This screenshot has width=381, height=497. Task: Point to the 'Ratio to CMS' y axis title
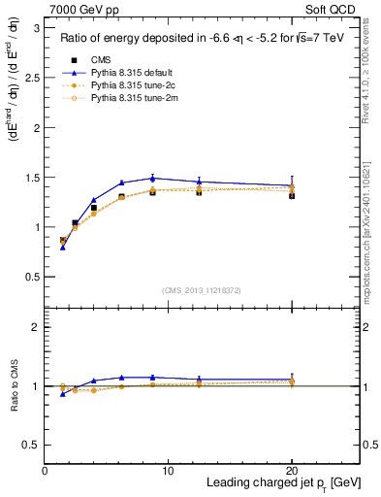coord(13,386)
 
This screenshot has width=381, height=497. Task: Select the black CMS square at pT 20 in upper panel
coord(292,195)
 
